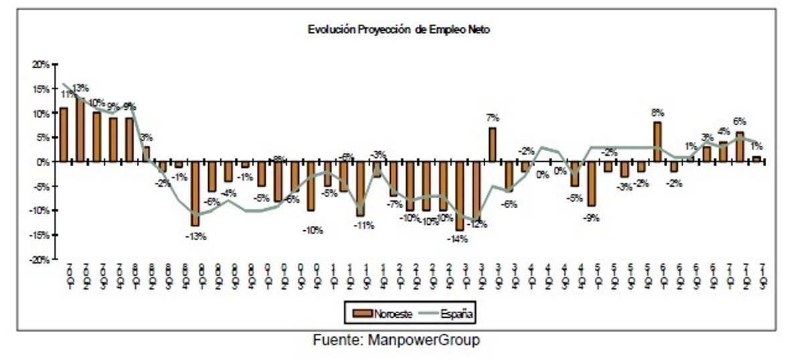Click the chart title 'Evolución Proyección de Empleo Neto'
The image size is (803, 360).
coord(399,29)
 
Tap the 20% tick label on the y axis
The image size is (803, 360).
coord(41,64)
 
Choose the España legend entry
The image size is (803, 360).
coord(444,312)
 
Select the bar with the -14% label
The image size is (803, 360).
coord(460,195)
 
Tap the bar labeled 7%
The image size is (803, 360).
coord(492,145)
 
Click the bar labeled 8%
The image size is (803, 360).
coord(657,142)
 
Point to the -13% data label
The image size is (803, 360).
coord(195,236)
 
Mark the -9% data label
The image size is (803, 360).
coord(590,217)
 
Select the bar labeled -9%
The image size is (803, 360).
coord(592,183)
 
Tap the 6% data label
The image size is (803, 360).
coord(739,121)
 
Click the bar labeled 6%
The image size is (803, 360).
coord(739,147)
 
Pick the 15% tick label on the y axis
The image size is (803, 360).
coord(41,89)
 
